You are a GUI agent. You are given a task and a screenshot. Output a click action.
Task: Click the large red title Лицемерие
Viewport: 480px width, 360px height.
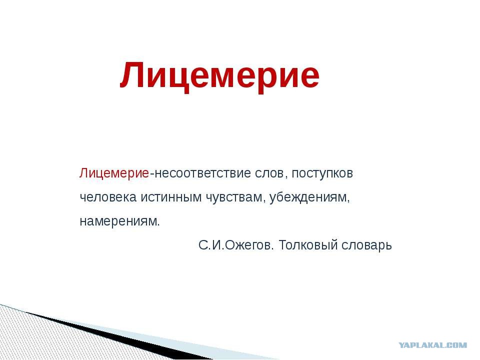220,75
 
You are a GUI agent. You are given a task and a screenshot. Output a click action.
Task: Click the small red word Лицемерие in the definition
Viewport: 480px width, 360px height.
114,173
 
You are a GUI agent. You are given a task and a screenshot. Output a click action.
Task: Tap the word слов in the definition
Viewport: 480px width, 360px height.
269,173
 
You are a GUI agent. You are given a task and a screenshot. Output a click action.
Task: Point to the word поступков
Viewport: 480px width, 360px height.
322,174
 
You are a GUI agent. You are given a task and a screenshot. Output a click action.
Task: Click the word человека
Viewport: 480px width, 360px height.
108,197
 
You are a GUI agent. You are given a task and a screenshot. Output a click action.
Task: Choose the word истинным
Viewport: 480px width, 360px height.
171,197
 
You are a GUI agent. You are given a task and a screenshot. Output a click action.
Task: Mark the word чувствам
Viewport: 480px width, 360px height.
233,198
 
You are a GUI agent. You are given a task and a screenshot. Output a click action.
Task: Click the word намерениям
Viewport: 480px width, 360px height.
118,221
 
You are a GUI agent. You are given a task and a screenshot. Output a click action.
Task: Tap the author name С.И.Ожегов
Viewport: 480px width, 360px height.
234,245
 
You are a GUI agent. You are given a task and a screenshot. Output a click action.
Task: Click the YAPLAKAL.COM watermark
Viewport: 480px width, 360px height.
433,345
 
